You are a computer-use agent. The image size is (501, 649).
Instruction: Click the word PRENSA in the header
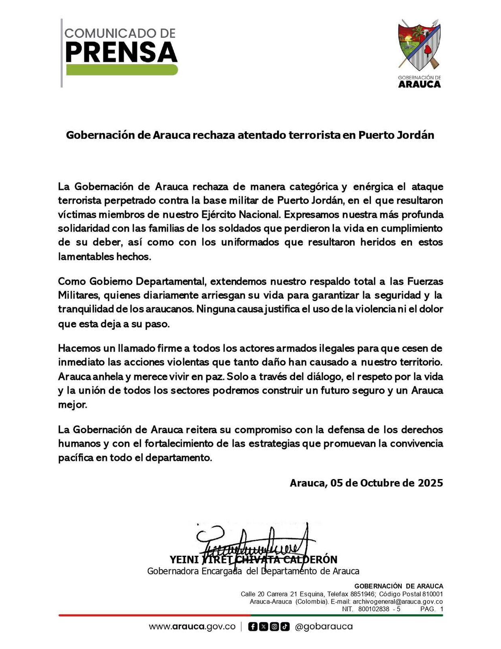[x=121, y=52]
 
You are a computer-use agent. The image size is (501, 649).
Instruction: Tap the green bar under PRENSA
[x=121, y=70]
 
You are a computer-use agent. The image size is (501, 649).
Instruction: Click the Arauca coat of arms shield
[x=419, y=45]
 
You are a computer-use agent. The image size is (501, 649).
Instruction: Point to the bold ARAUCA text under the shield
[x=419, y=84]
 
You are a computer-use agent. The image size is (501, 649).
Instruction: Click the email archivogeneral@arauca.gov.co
[x=397, y=602]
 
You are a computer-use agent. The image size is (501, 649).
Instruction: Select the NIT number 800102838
[x=374, y=609]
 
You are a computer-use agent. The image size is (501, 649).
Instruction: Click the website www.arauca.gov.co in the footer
[x=192, y=626]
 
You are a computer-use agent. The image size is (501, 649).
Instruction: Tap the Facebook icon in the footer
[x=253, y=627]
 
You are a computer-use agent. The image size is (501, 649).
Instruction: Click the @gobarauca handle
[x=324, y=626]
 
